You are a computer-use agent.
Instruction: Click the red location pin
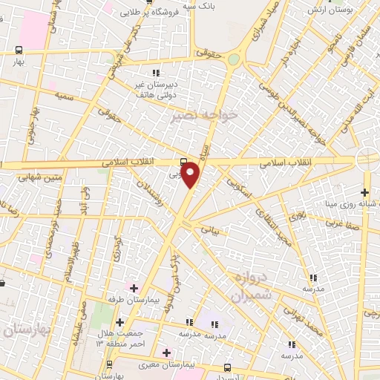click(x=191, y=174)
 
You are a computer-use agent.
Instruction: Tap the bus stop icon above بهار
click(x=19, y=50)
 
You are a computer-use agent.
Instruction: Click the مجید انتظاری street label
click(x=274, y=223)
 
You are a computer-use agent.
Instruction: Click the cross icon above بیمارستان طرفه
click(x=134, y=287)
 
